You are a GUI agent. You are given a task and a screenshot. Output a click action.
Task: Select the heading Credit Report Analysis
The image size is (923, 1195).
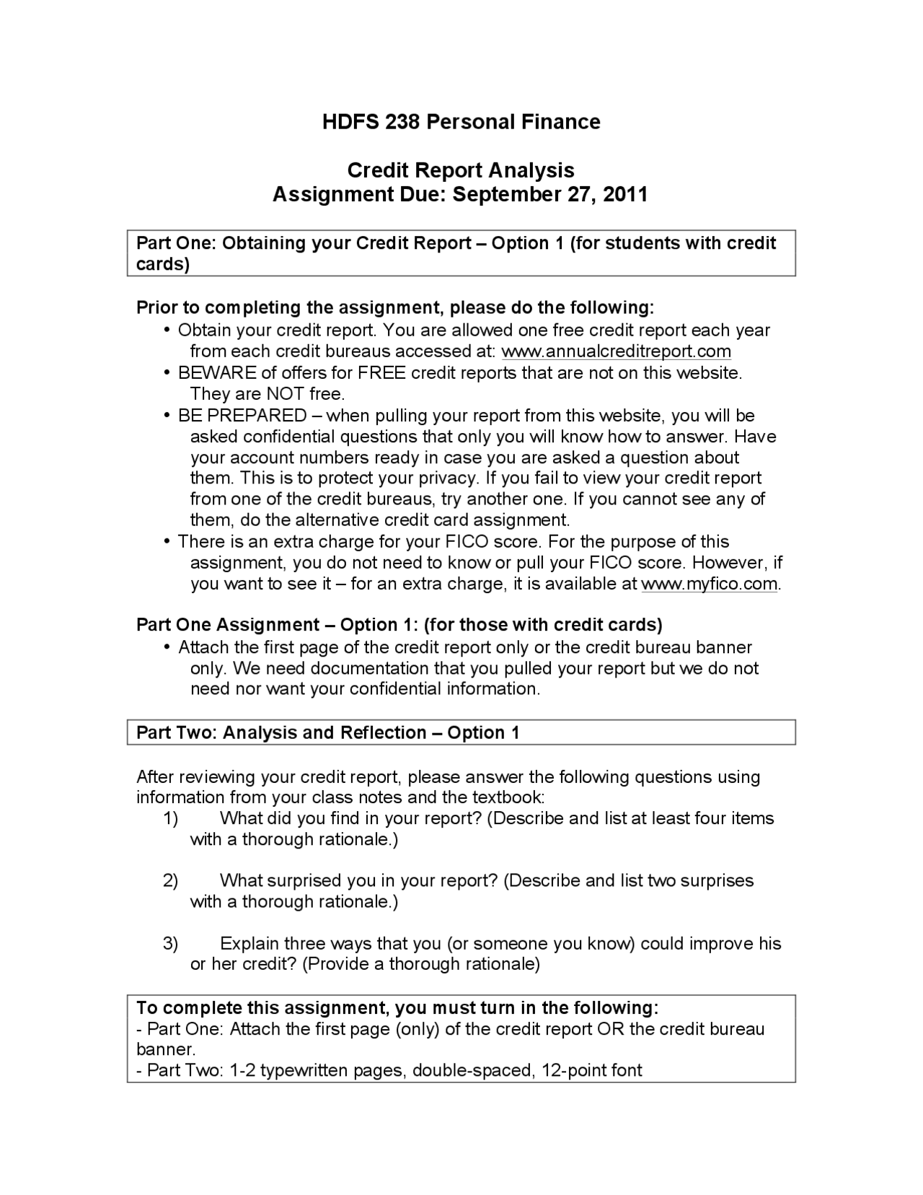pos(461,170)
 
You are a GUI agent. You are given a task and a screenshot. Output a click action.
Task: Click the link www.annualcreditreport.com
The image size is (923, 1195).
pos(616,351)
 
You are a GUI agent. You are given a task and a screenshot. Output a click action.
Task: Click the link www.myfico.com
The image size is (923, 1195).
pos(710,584)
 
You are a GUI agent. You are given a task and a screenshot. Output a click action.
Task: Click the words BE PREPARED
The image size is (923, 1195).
pos(242,416)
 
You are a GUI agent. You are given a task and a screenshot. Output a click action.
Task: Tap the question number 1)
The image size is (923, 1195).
pos(170,818)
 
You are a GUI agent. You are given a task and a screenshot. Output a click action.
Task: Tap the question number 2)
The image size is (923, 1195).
pos(170,881)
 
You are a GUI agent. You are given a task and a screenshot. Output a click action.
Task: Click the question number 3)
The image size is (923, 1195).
pos(170,944)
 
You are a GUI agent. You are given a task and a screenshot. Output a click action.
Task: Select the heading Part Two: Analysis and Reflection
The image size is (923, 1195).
pos(327,733)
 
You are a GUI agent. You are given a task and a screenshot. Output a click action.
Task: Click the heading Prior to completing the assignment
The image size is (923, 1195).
pos(395,308)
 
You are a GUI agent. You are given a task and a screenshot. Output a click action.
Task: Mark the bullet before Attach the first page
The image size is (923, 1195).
pos(167,647)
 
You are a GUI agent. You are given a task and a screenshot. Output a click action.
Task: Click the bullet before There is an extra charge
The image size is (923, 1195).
pos(167,542)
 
